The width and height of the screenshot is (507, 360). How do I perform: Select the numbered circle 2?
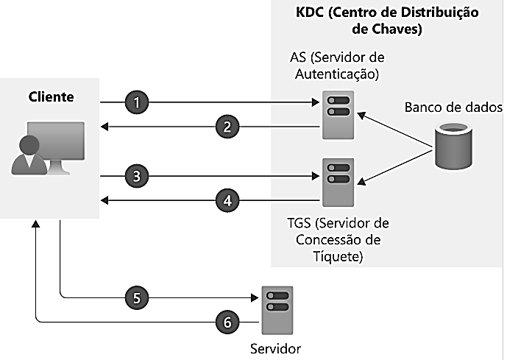[228, 127]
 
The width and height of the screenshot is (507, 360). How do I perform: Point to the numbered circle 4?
[228, 200]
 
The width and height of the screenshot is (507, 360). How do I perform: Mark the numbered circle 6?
[228, 322]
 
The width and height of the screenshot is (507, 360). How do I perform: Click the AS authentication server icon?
[338, 114]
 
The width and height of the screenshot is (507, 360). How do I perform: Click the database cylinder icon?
[452, 146]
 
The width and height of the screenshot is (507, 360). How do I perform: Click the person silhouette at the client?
[30, 155]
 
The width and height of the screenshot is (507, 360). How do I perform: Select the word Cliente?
[52, 96]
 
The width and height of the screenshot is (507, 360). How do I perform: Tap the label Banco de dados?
[453, 107]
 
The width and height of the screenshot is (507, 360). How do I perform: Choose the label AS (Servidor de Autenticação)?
[338, 65]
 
